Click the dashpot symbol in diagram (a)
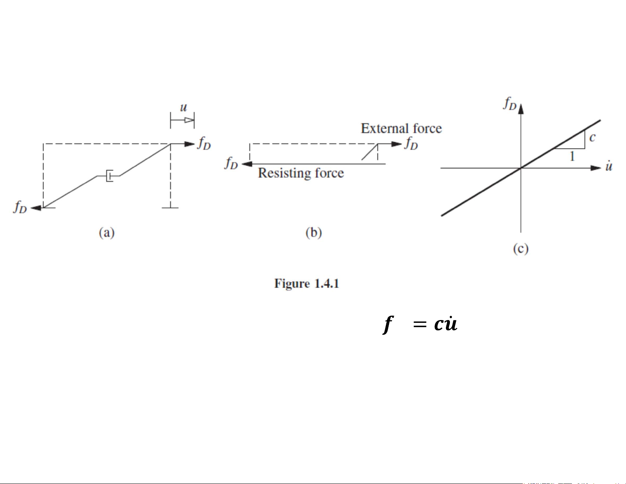[109, 175]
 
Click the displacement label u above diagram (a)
[183, 107]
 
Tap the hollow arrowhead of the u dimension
[189, 120]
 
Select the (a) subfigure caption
[107, 232]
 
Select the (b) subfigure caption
[314, 232]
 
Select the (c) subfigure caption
[521, 249]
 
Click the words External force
[401, 128]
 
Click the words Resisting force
[301, 173]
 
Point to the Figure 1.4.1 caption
[306, 284]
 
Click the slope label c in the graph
[592, 137]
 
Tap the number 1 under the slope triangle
[572, 156]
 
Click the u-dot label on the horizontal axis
[609, 166]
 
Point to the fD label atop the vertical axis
[510, 104]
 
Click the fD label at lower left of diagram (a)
[20, 207]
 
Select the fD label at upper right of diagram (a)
[204, 143]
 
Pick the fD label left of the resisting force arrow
[231, 163]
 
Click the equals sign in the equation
[420, 325]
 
